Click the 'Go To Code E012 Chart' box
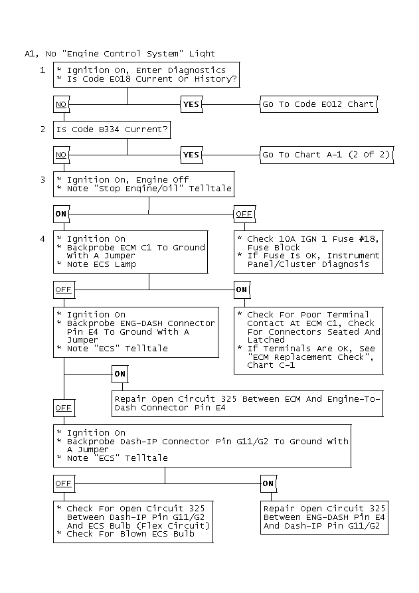(319, 104)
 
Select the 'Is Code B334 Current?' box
(112, 129)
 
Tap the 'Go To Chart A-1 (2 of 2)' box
(327, 155)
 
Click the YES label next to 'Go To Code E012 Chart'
(191, 104)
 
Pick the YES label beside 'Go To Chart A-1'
(191, 155)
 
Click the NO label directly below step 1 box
(61, 104)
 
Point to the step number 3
(42, 180)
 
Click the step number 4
(42, 238)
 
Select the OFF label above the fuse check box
(244, 214)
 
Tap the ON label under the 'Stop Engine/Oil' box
(61, 214)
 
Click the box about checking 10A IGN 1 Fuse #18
(309, 252)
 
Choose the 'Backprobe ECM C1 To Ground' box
(130, 252)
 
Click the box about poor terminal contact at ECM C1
(309, 341)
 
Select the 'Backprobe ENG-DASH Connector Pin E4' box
(136, 332)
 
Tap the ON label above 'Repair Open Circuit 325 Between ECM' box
(120, 374)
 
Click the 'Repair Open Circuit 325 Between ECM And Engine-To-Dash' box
(247, 404)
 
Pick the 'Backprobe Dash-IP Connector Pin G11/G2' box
(203, 446)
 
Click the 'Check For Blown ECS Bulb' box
(133, 522)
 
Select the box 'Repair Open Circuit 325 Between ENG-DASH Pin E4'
(325, 517)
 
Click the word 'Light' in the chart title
(202, 54)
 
